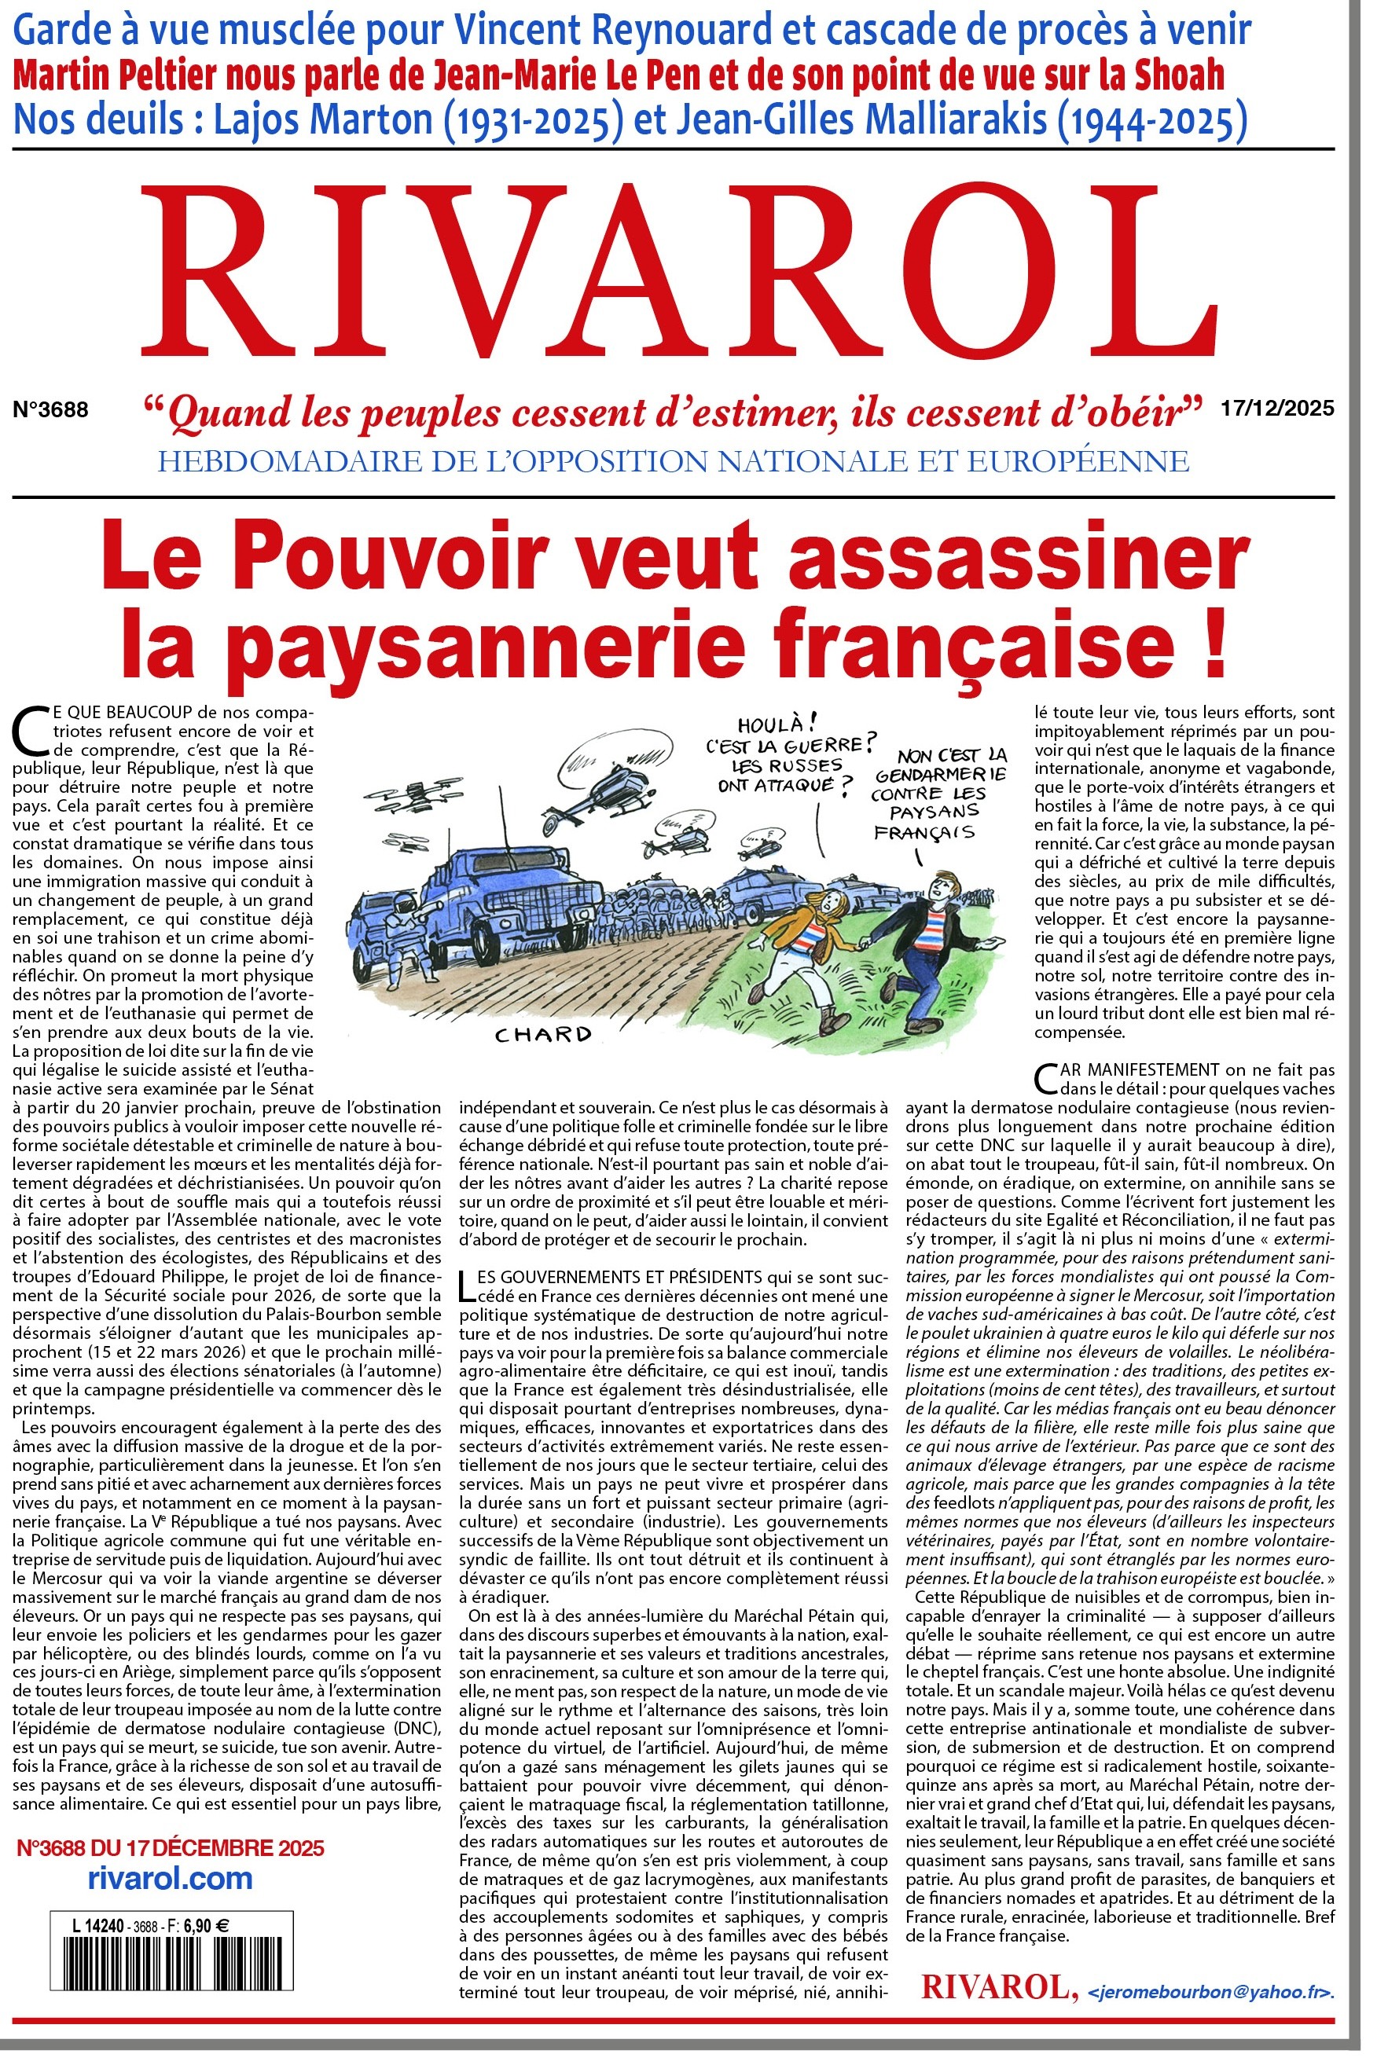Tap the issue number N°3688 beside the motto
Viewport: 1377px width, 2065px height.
click(x=51, y=410)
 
